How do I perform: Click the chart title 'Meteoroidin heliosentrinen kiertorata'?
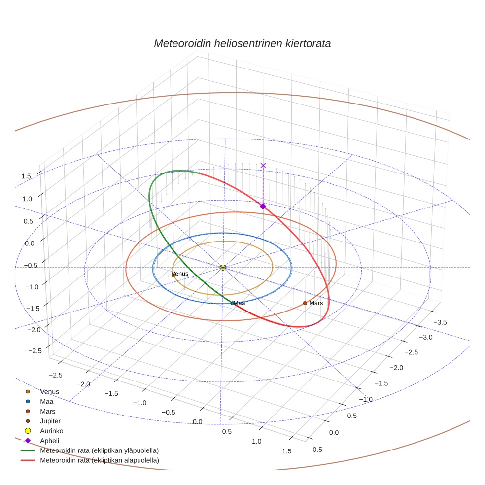pyautogui.click(x=242, y=43)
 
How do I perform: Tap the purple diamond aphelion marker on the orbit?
pyautogui.click(x=263, y=206)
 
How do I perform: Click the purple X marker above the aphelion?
pyautogui.click(x=263, y=165)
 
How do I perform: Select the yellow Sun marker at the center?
pyautogui.click(x=223, y=267)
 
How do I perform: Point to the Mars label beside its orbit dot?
pyautogui.click(x=316, y=303)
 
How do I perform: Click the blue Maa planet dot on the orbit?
pyautogui.click(x=233, y=303)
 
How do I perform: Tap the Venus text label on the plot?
pyautogui.click(x=180, y=274)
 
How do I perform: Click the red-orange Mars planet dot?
pyautogui.click(x=305, y=303)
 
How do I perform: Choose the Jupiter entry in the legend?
pyautogui.click(x=50, y=421)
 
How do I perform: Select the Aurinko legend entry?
pyautogui.click(x=51, y=431)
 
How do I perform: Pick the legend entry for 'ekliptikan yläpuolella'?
pyautogui.click(x=99, y=450)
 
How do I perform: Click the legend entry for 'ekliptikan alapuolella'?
pyautogui.click(x=99, y=460)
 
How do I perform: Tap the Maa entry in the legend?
pyautogui.click(x=46, y=401)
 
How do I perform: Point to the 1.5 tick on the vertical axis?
pyautogui.click(x=26, y=176)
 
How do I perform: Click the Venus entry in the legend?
pyautogui.click(x=49, y=391)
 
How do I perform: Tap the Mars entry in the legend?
pyautogui.click(x=47, y=411)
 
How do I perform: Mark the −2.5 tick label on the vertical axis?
pyautogui.click(x=35, y=350)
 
